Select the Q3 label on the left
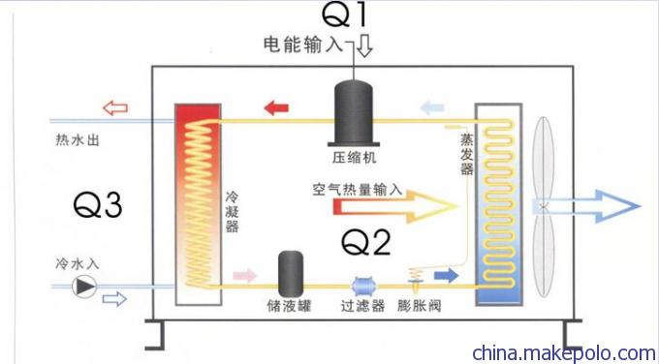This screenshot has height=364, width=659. click(97, 205)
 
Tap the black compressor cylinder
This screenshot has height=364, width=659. click(356, 109)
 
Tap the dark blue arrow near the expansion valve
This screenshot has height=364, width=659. click(447, 276)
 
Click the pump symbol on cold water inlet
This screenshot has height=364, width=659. click(87, 286)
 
